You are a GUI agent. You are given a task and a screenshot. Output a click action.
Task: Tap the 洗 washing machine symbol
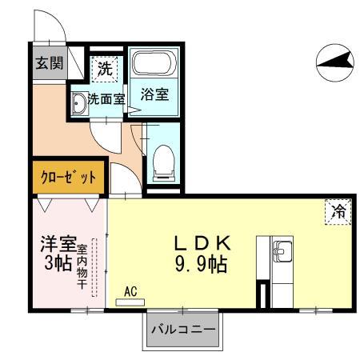[x=104, y=69]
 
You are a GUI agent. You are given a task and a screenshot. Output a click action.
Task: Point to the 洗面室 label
[x=105, y=100]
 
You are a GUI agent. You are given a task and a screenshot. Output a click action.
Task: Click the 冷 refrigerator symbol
[x=338, y=212]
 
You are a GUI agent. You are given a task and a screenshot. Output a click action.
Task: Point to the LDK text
[x=203, y=243]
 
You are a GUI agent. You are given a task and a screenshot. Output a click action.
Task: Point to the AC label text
[x=130, y=292]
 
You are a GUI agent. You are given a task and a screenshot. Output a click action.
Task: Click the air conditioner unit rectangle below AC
[x=129, y=302]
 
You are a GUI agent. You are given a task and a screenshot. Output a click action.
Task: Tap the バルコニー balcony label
[x=184, y=329]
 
